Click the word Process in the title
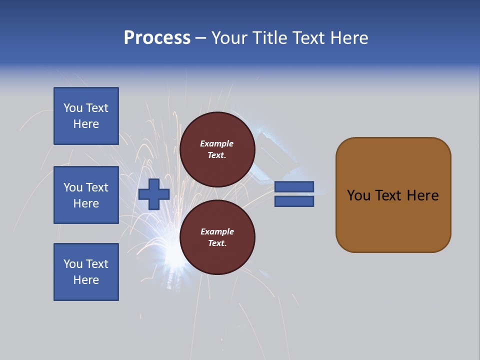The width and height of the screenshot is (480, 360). coord(157,37)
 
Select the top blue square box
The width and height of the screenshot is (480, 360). coord(86,116)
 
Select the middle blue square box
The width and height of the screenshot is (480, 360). coord(86,195)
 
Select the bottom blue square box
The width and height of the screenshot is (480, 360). coord(86,272)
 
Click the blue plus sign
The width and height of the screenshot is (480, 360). coord(154,194)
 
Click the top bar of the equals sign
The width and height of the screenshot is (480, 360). coord(294,186)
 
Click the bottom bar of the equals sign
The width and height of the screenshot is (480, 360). coord(294,201)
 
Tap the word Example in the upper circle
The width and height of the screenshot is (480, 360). coord(217,144)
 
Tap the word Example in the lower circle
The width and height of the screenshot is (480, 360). coord(217,232)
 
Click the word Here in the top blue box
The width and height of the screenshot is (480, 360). coord(86,124)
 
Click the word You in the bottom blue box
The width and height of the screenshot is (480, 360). coord(72,264)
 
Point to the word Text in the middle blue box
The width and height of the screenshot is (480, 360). coord(97,187)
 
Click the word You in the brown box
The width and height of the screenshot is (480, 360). coord(358,195)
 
